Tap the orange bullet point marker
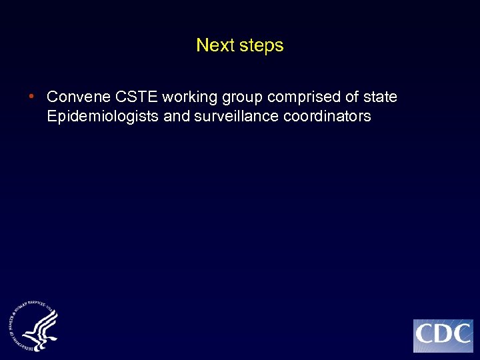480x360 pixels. pyautogui.click(x=31, y=97)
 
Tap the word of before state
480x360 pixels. pyautogui.click(x=351, y=97)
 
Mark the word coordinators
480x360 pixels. pyautogui.click(x=326, y=117)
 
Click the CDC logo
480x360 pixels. pyautogui.click(x=443, y=335)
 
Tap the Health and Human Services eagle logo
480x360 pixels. pyautogui.click(x=33, y=326)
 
